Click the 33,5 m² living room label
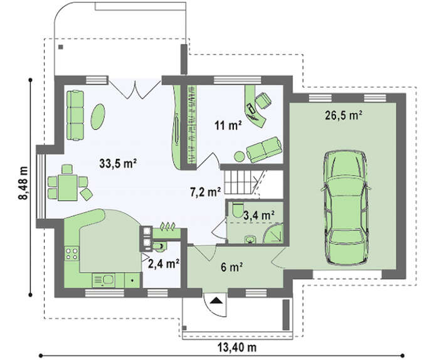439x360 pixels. pyautogui.click(x=118, y=163)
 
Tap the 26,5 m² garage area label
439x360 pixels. pyautogui.click(x=344, y=115)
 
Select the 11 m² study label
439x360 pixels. pyautogui.click(x=228, y=125)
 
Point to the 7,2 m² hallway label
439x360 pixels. pyautogui.click(x=206, y=193)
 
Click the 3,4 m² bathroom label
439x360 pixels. pyautogui.click(x=258, y=215)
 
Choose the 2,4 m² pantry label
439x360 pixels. pyautogui.click(x=164, y=263)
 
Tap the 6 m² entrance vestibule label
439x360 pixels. pyautogui.click(x=231, y=267)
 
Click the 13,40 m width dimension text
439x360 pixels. pyautogui.click(x=237, y=347)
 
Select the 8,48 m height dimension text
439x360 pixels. pyautogui.click(x=23, y=183)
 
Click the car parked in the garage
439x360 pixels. pyautogui.click(x=346, y=208)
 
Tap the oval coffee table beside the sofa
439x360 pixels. pyautogui.click(x=98, y=117)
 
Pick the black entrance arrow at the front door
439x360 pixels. pyautogui.click(x=216, y=300)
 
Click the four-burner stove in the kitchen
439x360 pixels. pyautogui.click(x=71, y=253)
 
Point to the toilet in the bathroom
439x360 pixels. pyautogui.click(x=238, y=209)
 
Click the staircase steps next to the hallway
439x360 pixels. pyautogui.click(x=240, y=183)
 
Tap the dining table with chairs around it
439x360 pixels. pyautogui.click(x=68, y=188)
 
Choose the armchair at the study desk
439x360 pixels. pyautogui.click(x=263, y=100)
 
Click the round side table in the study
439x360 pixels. pyautogui.click(x=240, y=157)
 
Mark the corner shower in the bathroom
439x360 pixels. pyautogui.click(x=273, y=233)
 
